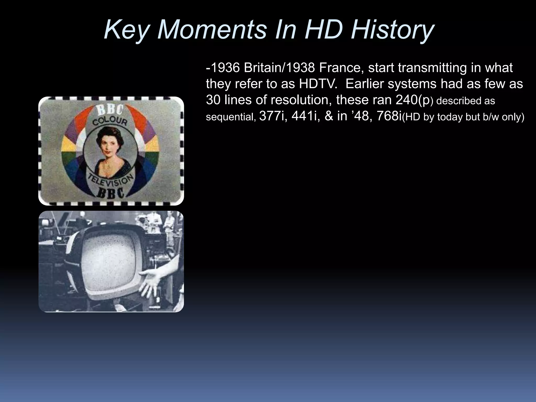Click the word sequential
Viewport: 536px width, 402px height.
pyautogui.click(x=230, y=117)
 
